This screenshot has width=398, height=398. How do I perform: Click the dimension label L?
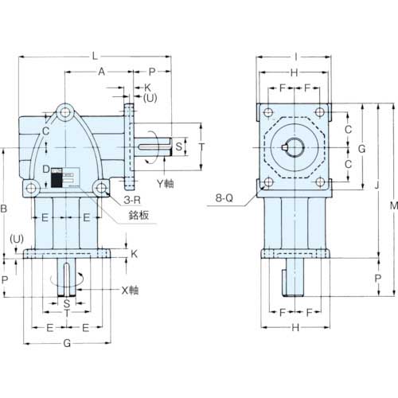(95, 57)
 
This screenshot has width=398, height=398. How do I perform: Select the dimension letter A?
(102, 72)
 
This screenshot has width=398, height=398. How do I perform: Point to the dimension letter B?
(3, 209)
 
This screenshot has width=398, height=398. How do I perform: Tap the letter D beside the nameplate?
(46, 169)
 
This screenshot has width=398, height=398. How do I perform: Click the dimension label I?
(296, 57)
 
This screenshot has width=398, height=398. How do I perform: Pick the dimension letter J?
(377, 185)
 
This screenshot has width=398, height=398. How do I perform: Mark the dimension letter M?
(394, 205)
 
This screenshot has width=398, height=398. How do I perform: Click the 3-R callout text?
(132, 200)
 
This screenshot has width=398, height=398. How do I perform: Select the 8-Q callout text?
(224, 197)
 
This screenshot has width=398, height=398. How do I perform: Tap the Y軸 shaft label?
(166, 184)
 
